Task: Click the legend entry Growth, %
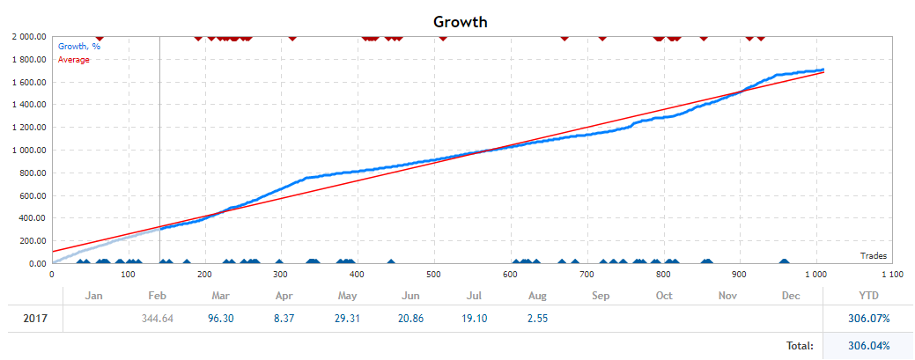pyautogui.click(x=78, y=47)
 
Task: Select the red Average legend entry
pyautogui.click(x=74, y=59)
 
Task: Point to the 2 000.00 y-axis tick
pyautogui.click(x=29, y=37)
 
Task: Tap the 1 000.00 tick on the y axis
pyautogui.click(x=29, y=151)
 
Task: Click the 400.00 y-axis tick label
pyautogui.click(x=33, y=218)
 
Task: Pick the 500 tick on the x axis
pyautogui.click(x=432, y=275)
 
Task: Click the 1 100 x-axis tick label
pyautogui.click(x=891, y=275)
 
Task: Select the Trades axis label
pyautogui.click(x=873, y=255)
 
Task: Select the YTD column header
pyautogui.click(x=867, y=296)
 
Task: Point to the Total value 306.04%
pyautogui.click(x=867, y=347)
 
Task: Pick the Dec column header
pyautogui.click(x=790, y=296)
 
